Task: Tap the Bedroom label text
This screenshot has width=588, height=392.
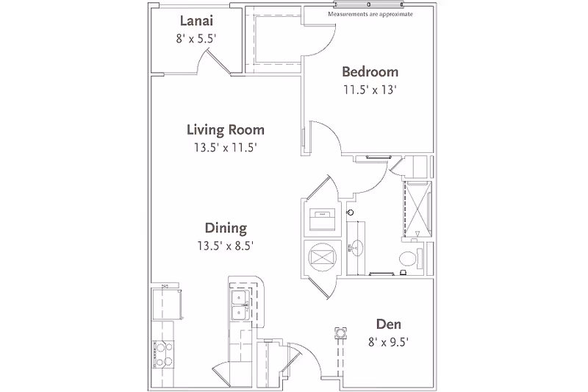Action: pos(370,72)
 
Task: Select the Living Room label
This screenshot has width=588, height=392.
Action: pos(225,130)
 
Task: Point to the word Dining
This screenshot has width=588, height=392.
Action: pos(226,228)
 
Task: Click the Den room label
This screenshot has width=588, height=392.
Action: pos(387,324)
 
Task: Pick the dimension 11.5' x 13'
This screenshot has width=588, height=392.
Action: pos(370,90)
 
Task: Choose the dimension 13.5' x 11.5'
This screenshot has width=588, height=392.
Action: pos(225,148)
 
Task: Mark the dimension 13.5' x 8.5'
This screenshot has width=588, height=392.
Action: pos(226,246)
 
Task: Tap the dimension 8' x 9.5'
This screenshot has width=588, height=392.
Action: pos(387,341)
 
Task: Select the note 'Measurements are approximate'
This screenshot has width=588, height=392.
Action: pos(370,13)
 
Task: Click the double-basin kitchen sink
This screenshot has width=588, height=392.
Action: pos(239,304)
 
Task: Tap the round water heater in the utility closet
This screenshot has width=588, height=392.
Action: pos(320,257)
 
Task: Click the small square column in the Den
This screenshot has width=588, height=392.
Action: pos(341,332)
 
